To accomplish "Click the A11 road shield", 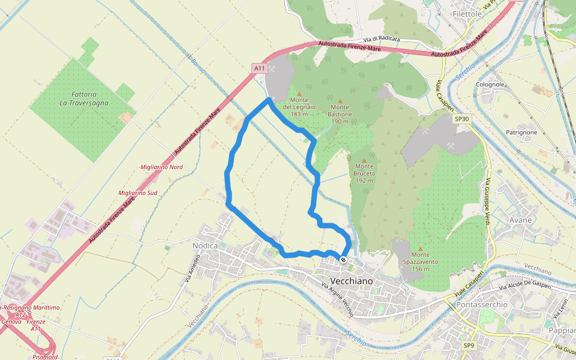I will pyautogui.click(x=259, y=68).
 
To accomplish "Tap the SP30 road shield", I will pyautogui.click(x=462, y=119).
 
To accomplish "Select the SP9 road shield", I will pyautogui.click(x=469, y=346).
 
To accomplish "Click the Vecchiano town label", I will pyautogui.click(x=352, y=281).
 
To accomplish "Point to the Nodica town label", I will pyautogui.click(x=204, y=245).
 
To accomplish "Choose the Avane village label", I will pyautogui.click(x=520, y=220).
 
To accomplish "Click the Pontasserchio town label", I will pyautogui.click(x=482, y=304).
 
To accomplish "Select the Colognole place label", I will pyautogui.click(x=490, y=85).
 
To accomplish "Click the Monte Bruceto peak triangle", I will pyautogui.click(x=364, y=160).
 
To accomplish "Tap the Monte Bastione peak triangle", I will pyautogui.click(x=340, y=101).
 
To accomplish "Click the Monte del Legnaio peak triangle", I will pyautogui.click(x=299, y=94).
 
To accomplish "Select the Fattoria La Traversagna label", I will pyautogui.click(x=84, y=99).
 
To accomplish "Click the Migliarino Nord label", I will pyautogui.click(x=161, y=167).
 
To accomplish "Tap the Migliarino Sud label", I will pyautogui.click(x=138, y=193).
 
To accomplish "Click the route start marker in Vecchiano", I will pyautogui.click(x=343, y=260).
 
